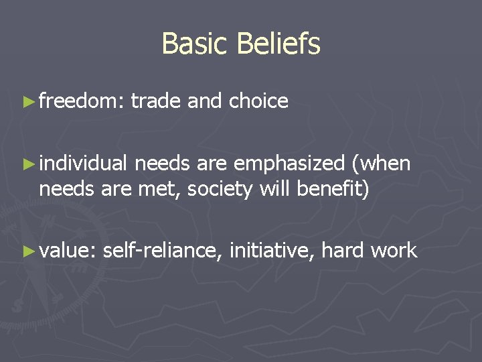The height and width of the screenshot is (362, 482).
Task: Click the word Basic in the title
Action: click(x=189, y=44)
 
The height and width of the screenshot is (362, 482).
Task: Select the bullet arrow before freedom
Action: click(x=27, y=102)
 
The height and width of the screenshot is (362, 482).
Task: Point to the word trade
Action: click(x=155, y=101)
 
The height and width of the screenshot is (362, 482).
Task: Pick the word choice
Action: click(x=258, y=101)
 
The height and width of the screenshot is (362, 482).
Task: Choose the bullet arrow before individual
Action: click(x=27, y=164)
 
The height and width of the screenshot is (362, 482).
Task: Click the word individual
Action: click(x=83, y=163)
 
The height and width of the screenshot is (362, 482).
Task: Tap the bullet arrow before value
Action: click(x=27, y=251)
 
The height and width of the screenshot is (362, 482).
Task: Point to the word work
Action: click(x=394, y=251)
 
